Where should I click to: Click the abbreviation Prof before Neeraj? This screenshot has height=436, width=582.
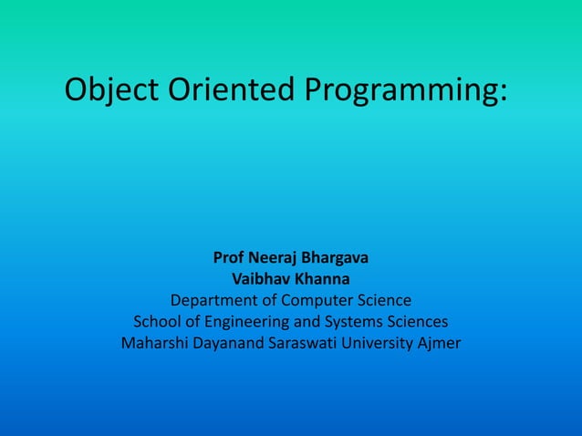(228, 256)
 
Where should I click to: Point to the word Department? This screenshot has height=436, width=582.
(213, 300)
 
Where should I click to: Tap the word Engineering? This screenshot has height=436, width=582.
(242, 322)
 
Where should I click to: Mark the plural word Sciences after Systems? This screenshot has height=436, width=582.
(418, 322)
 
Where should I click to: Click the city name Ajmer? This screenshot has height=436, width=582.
(440, 344)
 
